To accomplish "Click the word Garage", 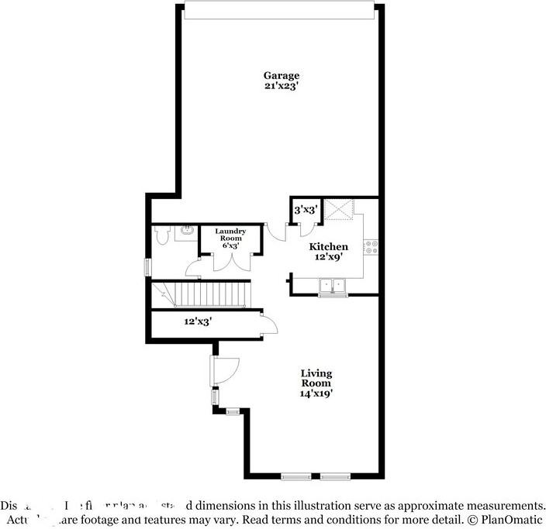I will [x=281, y=76].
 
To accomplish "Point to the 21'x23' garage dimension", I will [x=281, y=86].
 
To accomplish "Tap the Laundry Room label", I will [x=230, y=235].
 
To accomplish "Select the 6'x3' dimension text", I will [x=230, y=246].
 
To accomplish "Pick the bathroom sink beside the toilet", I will [x=188, y=230].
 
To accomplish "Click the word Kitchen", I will [x=329, y=247].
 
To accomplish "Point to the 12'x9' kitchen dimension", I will [x=329, y=257].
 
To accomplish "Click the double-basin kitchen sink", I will [x=333, y=287].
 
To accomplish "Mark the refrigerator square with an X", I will [x=340, y=209].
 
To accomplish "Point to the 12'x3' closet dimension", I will [x=198, y=321].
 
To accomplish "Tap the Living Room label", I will [x=316, y=379].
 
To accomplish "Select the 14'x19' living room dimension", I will [x=316, y=393].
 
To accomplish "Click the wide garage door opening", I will [x=281, y=10].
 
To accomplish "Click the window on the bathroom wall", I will [x=148, y=266].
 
